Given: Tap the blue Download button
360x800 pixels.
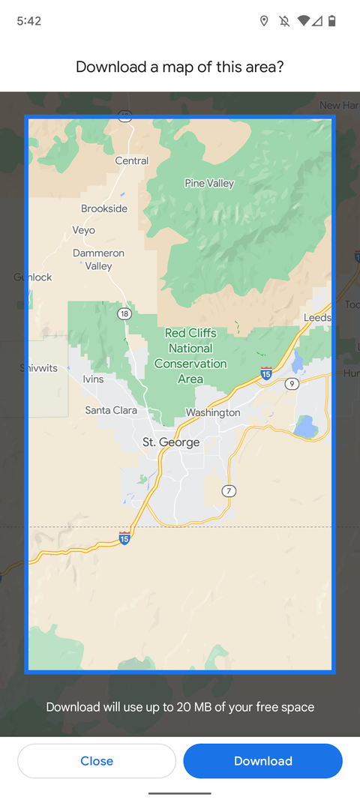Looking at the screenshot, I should [262, 761].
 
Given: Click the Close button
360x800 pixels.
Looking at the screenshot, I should [97, 761].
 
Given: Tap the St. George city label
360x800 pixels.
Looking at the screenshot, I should [171, 442].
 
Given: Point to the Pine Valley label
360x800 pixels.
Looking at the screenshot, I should [209, 183].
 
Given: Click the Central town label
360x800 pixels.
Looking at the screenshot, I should [132, 160].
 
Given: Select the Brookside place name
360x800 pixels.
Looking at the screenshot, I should [104, 208].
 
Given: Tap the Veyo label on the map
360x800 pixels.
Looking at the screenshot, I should [84, 230].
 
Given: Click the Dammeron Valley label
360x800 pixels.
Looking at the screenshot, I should [98, 259].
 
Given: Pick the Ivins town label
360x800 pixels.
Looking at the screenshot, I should [93, 379].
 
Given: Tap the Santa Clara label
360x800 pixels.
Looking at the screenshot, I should [111, 410].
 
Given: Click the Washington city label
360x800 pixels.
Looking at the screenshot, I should [213, 412].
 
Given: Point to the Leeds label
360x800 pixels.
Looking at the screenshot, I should [317, 318].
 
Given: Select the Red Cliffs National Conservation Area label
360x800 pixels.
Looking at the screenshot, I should [190, 356].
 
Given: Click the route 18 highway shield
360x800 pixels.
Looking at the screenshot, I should [124, 313].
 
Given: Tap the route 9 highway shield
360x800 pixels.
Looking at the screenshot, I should [292, 384].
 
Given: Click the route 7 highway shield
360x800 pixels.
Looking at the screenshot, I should [229, 491].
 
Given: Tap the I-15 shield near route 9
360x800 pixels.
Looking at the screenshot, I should [266, 373].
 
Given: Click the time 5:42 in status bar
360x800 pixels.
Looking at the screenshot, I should [28, 21].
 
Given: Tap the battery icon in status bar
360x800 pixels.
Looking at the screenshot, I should [332, 21].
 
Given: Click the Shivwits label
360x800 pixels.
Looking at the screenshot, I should [38, 368].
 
